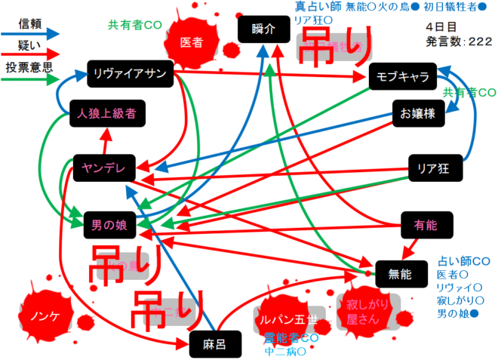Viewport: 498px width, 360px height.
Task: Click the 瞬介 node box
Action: [262, 29]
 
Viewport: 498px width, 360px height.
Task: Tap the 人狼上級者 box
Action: [106, 115]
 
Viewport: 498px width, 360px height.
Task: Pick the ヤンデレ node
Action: [103, 167]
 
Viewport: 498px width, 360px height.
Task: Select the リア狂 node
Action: [432, 168]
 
